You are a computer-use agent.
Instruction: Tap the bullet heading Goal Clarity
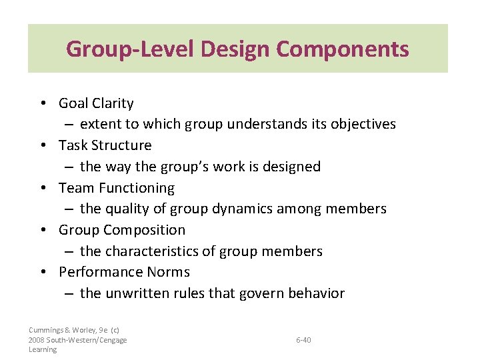96,103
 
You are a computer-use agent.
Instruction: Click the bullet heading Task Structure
105,145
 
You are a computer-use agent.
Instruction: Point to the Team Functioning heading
117,188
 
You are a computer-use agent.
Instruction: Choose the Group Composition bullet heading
122,230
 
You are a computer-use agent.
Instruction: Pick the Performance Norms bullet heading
124,272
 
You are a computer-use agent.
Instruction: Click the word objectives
364,124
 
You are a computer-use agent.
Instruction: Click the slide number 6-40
303,340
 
